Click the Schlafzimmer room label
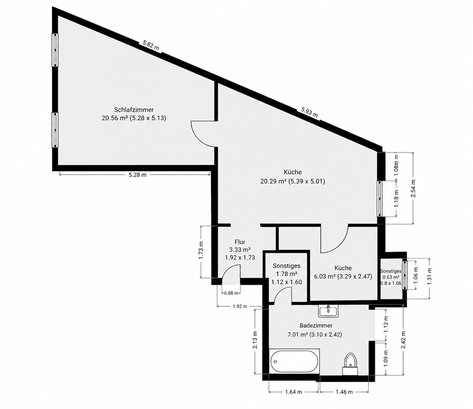coord(134,110)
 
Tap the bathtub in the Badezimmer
coord(294,361)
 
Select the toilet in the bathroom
coord(350,364)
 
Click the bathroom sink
coord(328,310)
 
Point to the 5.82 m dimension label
coord(151,46)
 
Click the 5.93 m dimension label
coord(310,113)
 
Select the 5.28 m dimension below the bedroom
coord(138,174)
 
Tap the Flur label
coord(240,242)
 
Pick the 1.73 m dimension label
coord(202,251)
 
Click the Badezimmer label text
coord(316,325)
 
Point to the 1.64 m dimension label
coord(293,392)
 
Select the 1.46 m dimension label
coord(344,392)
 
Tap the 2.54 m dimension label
coord(413,189)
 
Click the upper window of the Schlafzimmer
coord(55,50)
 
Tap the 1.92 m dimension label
coord(240,306)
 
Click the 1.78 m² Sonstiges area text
coord(287,274)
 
